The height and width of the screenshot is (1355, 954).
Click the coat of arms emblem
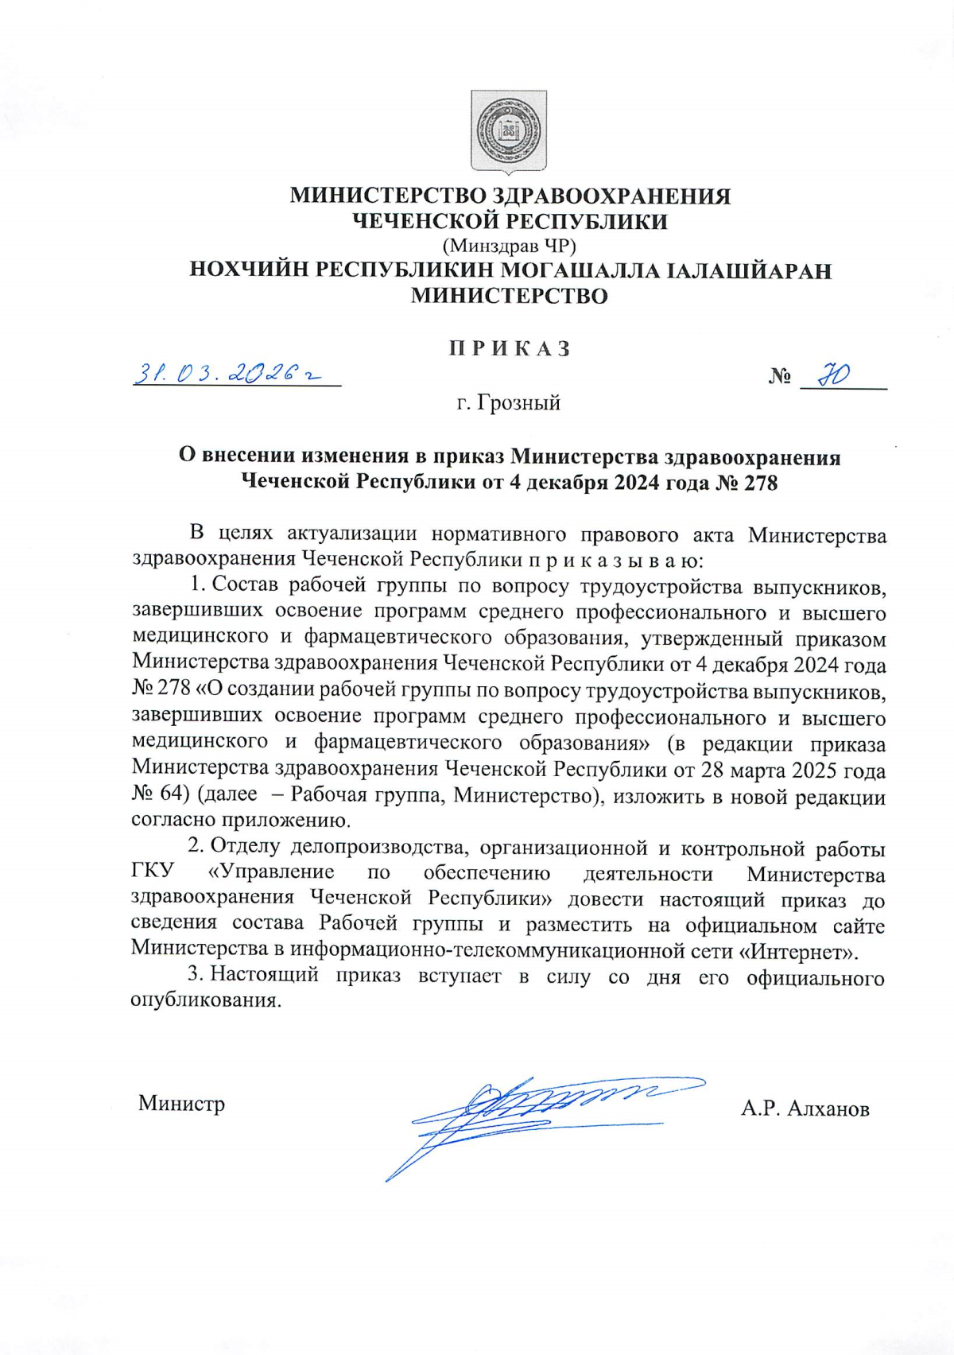[509, 131]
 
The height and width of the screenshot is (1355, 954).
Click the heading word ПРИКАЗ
[509, 349]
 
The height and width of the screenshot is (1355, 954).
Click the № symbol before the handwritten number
[779, 376]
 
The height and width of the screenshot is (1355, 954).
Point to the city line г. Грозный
[509, 403]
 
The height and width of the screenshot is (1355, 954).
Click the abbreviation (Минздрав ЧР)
[509, 246]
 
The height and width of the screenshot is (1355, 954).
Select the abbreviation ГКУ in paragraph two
[153, 872]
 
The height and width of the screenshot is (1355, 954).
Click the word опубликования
[205, 1001]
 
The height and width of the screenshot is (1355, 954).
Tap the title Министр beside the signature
[181, 1104]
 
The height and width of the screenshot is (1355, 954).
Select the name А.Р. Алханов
[805, 1108]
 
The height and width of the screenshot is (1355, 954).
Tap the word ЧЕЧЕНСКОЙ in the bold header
[425, 221]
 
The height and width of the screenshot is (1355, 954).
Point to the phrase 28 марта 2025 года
[793, 769]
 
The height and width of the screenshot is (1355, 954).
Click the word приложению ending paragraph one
[301, 820]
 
